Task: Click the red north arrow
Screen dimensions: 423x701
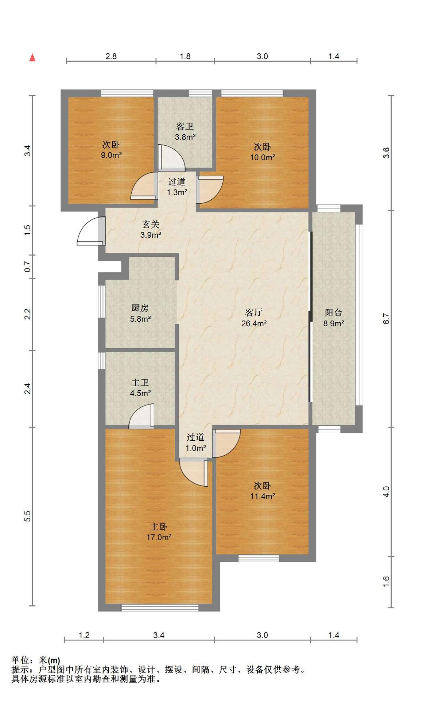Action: [32, 57]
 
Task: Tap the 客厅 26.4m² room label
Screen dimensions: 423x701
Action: [254, 318]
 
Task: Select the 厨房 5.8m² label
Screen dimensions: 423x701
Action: [140, 313]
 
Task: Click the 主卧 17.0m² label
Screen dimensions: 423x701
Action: [159, 532]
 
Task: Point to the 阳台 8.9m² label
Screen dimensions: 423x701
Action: [334, 318]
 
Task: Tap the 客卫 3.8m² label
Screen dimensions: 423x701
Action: [185, 132]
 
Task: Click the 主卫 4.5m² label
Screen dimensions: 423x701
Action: [140, 388]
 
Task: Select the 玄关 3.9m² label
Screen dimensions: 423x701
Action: [151, 229]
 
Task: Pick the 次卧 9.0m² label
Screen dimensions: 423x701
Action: [111, 150]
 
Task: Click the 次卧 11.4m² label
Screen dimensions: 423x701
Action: [262, 491]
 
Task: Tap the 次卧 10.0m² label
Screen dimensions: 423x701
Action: [262, 152]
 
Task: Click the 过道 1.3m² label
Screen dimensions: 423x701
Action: [177, 187]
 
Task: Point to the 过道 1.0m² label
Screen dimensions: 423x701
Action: [196, 443]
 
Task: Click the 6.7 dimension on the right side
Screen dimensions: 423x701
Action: [387, 319]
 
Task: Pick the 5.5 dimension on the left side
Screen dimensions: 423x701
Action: [28, 516]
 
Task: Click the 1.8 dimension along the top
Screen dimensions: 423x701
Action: [185, 56]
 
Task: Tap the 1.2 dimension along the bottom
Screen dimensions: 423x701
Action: [84, 635]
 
